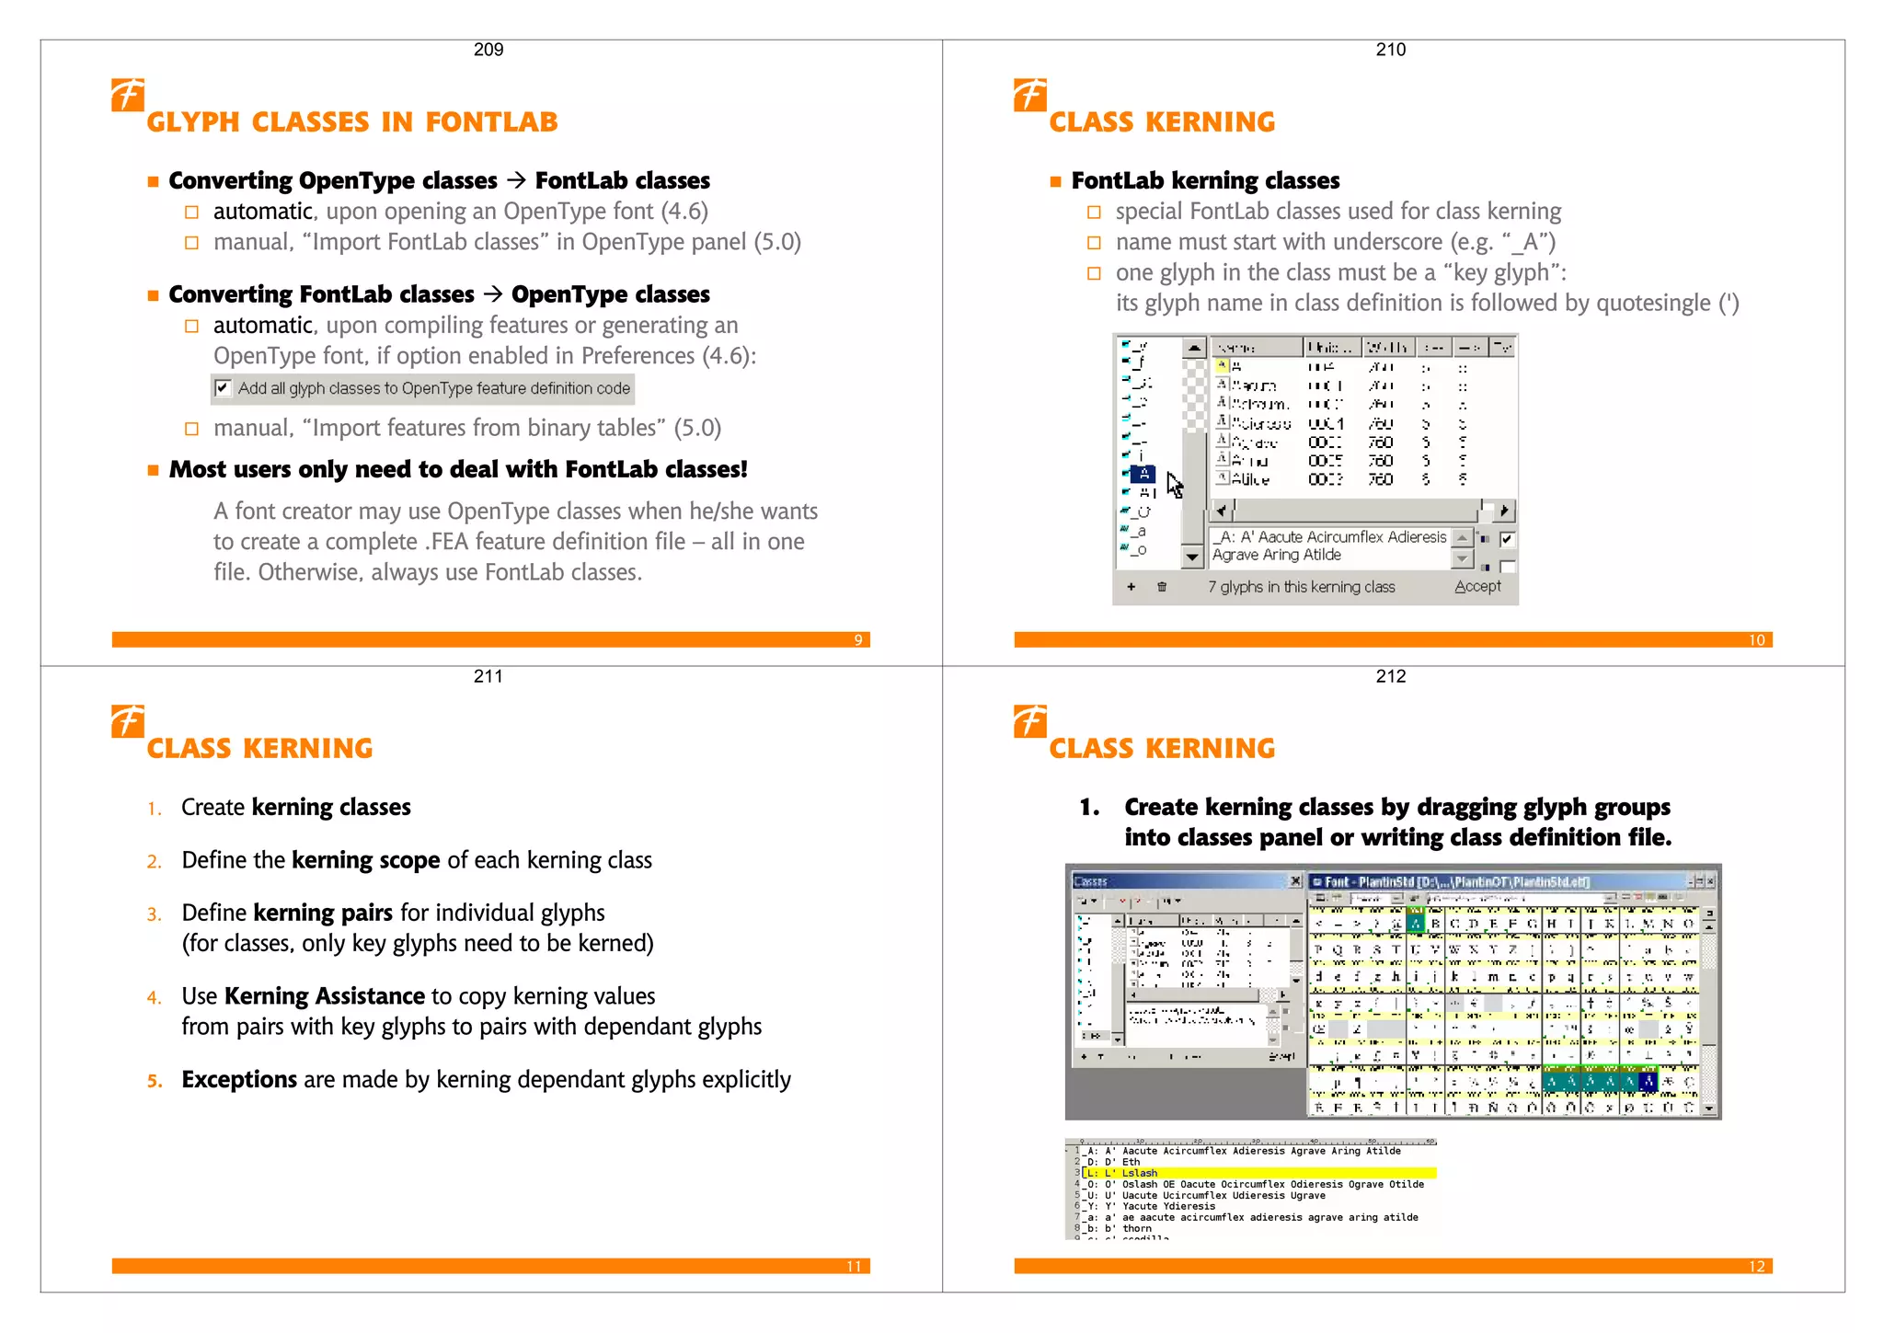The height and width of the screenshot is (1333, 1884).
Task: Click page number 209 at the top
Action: [488, 50]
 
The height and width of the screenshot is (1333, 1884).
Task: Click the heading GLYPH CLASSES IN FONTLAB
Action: [352, 122]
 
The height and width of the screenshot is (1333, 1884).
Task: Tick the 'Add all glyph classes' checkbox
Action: [222, 388]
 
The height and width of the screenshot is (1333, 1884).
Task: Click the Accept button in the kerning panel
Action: [1476, 587]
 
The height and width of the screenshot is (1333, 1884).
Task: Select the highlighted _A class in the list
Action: [1143, 474]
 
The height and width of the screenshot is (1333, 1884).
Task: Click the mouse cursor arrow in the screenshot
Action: [1174, 484]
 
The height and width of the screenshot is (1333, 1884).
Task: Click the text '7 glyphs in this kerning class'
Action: [1301, 587]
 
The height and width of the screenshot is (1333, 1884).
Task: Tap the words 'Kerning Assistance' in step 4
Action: [324, 996]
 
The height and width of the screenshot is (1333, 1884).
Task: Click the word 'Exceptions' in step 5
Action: [239, 1080]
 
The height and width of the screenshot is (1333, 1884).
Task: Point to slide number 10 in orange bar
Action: [1756, 640]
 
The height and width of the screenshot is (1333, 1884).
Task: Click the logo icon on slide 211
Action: [127, 720]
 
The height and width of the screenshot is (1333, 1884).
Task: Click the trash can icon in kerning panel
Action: [1162, 587]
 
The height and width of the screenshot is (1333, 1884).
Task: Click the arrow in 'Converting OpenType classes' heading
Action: [516, 180]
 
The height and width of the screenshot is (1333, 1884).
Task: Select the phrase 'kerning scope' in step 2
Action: [365, 860]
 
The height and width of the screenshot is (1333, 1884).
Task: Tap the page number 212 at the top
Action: [1390, 676]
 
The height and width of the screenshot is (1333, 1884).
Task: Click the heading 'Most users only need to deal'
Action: [458, 470]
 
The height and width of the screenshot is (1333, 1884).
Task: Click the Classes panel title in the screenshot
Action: [1091, 881]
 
